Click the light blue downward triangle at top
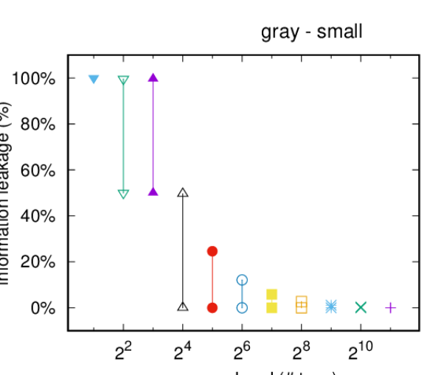click(94, 79)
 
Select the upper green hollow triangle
click(123, 80)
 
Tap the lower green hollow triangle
click(123, 194)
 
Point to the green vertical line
click(123, 137)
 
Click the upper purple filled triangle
click(153, 77)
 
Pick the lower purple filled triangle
click(153, 191)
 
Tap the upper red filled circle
click(212, 251)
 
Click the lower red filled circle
click(212, 308)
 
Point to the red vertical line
click(212, 280)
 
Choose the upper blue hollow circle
click(242, 280)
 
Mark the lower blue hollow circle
click(242, 307)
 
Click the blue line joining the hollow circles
click(242, 293)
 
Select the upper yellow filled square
click(272, 294)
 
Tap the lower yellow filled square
click(272, 308)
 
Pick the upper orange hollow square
click(302, 301)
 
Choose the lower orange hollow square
click(302, 308)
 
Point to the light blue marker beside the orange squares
click(331, 306)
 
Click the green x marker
click(361, 307)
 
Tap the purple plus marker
click(391, 307)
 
